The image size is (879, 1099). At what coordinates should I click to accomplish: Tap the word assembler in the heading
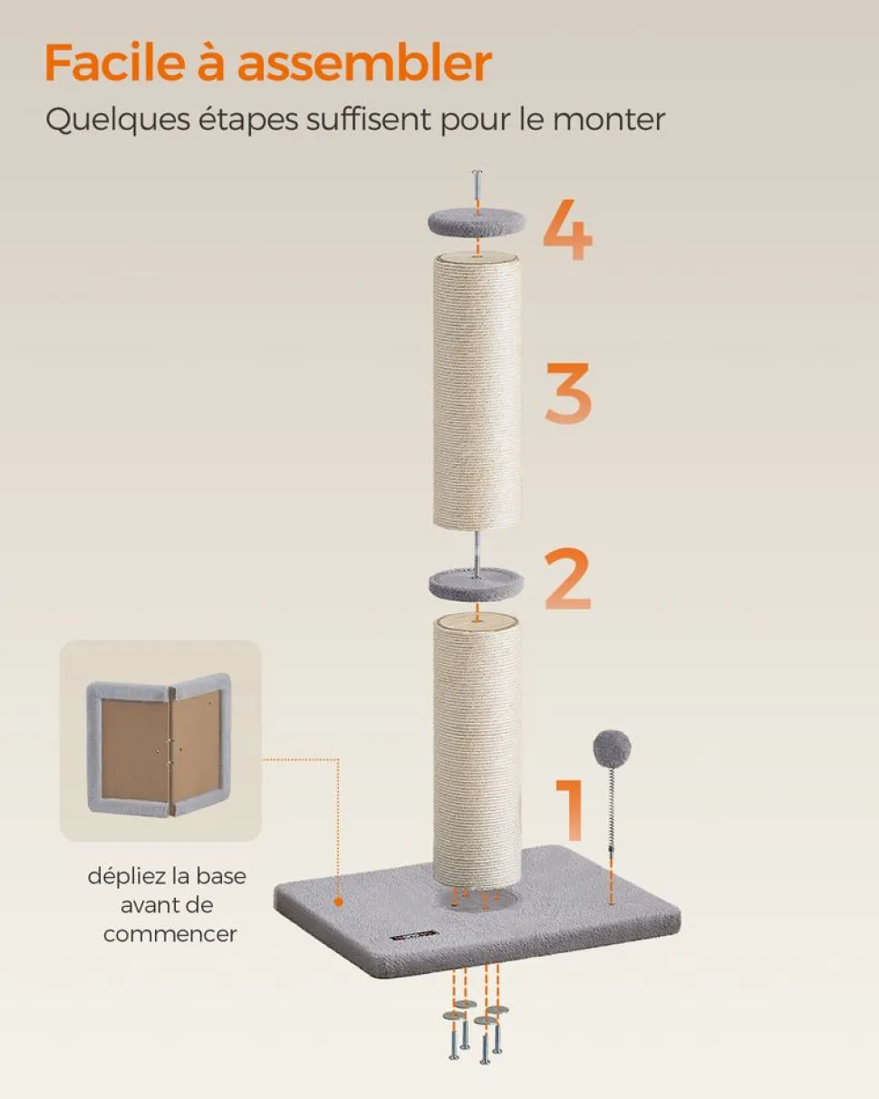(364, 63)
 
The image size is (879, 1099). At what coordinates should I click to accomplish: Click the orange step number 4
(567, 229)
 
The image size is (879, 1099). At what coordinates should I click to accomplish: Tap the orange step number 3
(568, 392)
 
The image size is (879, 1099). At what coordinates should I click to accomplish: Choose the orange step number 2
(567, 579)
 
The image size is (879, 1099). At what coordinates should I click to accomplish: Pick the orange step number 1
(570, 809)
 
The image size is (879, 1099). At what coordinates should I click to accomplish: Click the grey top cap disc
(476, 222)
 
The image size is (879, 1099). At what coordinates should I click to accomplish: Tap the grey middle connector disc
(477, 583)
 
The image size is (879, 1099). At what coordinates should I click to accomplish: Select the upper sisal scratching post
(477, 391)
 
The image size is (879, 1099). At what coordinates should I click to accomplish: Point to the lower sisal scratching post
(477, 755)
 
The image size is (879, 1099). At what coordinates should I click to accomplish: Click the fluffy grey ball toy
(612, 748)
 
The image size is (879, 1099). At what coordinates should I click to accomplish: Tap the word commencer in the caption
(170, 934)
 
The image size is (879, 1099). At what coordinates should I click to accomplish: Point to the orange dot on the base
(338, 902)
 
